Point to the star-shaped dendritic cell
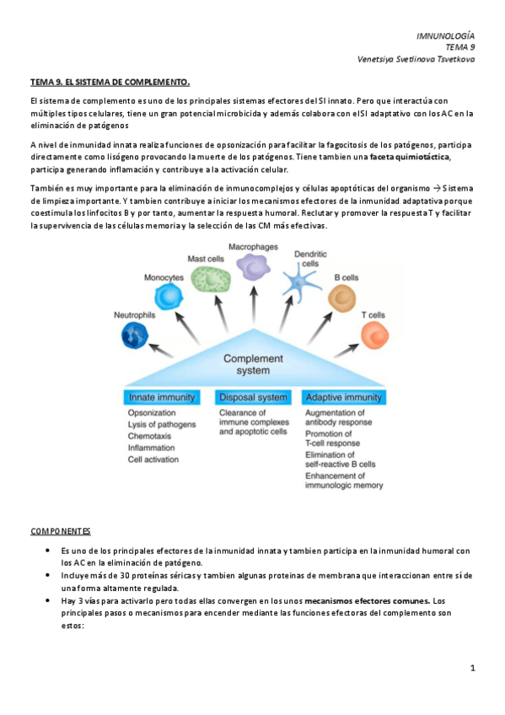pos(300,286)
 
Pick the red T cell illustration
pos(373,335)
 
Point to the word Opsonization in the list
pos(152,413)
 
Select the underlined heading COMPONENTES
pos(61,531)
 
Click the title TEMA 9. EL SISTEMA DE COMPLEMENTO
pos(110,83)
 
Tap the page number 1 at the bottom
pos(473,669)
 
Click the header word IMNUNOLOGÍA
pos(446,36)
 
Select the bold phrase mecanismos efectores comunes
pos(367,600)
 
